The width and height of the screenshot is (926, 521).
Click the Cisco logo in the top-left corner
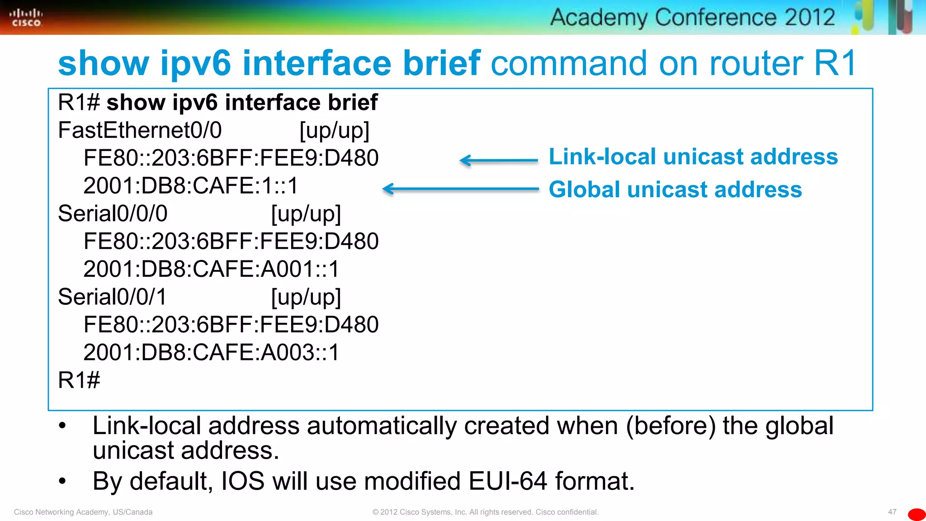coord(26,18)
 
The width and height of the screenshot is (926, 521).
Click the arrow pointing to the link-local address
coord(498,160)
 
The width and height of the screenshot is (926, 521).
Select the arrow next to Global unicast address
coord(460,189)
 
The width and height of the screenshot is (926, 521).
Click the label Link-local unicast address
coord(693,157)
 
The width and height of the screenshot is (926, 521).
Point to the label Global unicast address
coord(675,189)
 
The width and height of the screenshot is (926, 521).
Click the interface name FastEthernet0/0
coord(140,131)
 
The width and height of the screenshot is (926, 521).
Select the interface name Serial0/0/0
coord(113,213)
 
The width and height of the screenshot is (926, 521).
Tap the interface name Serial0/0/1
coord(113,297)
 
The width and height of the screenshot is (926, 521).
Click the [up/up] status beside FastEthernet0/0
coord(335,131)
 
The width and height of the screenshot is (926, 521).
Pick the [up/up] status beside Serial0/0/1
coord(306,297)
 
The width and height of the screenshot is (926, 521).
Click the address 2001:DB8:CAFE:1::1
coord(191,186)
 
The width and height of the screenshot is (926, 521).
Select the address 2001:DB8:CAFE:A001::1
coord(211,269)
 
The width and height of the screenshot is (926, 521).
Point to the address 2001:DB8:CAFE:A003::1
coord(211,352)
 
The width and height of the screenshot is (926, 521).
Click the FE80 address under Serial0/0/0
coord(231,241)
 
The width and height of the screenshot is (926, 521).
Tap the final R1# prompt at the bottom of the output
coord(79,380)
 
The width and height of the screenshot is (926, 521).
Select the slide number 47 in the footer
coord(892,512)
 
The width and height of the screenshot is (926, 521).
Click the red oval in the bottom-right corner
coord(917,514)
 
